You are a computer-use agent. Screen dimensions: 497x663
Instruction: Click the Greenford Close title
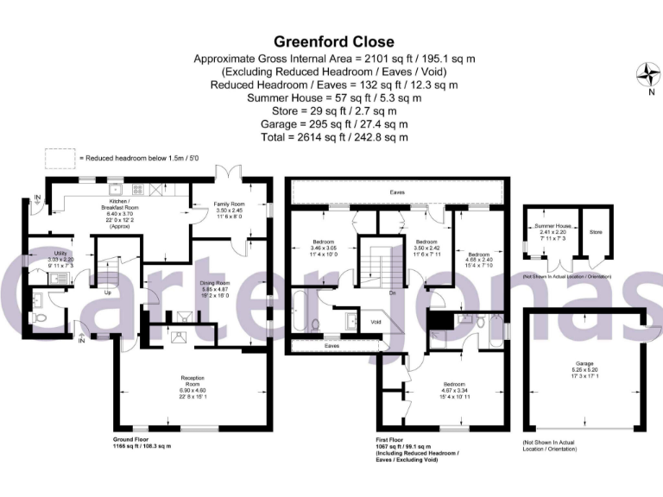click(x=334, y=41)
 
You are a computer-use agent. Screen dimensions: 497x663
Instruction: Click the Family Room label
click(x=230, y=208)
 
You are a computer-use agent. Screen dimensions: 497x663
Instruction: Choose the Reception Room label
click(x=192, y=382)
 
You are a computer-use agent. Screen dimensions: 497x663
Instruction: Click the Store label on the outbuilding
click(x=595, y=231)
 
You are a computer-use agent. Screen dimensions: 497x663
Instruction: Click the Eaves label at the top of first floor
click(x=397, y=192)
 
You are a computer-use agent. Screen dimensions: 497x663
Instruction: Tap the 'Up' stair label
click(x=109, y=293)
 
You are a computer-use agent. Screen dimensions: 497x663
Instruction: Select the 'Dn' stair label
click(x=392, y=293)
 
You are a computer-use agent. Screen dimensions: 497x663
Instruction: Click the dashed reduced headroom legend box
click(x=60, y=158)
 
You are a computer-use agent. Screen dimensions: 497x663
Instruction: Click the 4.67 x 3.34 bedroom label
click(x=454, y=388)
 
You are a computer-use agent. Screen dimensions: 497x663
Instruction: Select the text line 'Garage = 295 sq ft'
click(x=334, y=123)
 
